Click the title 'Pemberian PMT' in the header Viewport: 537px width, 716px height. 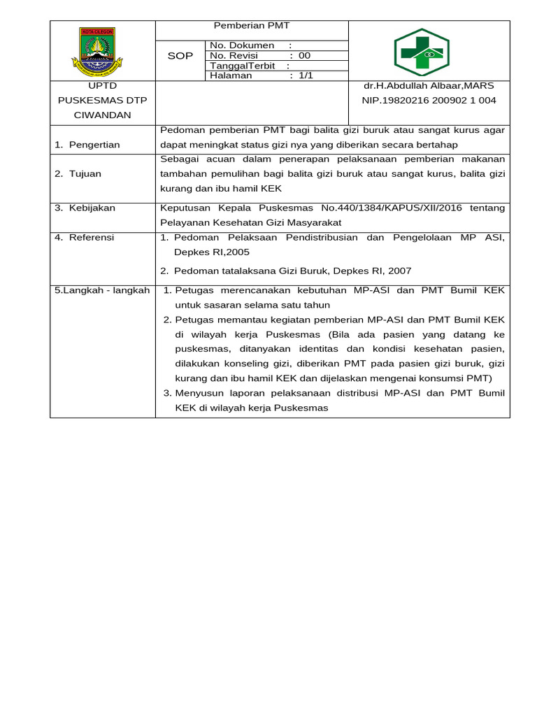[x=251, y=26]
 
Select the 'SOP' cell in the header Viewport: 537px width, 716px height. [x=180, y=56]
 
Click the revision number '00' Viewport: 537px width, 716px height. [x=304, y=56]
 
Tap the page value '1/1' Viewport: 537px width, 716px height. [x=306, y=76]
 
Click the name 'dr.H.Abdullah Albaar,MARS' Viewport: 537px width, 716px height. [x=429, y=86]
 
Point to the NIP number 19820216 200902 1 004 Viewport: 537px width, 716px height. [x=429, y=101]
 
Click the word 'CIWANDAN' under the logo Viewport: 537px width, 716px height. [x=102, y=115]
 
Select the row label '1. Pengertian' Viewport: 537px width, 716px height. [x=87, y=145]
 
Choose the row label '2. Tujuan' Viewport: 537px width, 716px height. [x=78, y=173]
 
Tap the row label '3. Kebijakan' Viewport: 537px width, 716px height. [x=85, y=208]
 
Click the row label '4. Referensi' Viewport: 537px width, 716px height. [x=84, y=238]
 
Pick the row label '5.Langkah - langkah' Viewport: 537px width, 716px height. [x=102, y=290]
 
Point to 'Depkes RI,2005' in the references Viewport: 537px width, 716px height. [x=212, y=252]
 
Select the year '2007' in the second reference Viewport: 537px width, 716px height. [x=399, y=271]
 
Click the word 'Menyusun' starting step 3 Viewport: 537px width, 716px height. [x=197, y=394]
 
